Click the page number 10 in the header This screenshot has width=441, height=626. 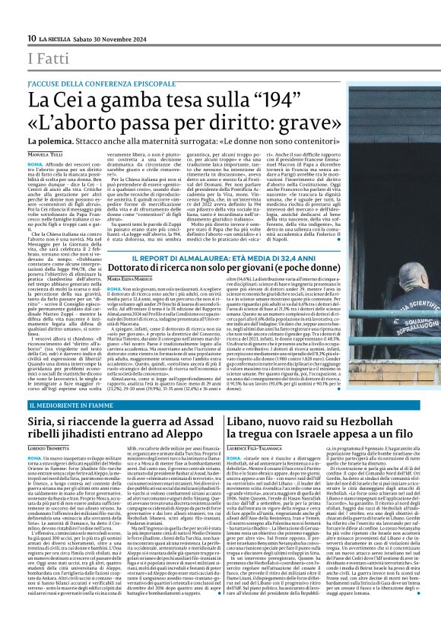pos(31,39)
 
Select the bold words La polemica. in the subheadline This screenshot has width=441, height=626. pos(51,142)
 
